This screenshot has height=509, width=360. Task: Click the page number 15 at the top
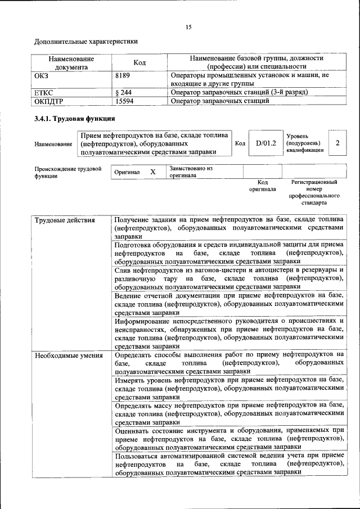click(x=188, y=28)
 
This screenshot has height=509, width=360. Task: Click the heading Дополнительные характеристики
click(x=86, y=42)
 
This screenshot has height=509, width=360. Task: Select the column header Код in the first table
click(x=139, y=62)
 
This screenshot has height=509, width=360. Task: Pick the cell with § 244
click(x=123, y=92)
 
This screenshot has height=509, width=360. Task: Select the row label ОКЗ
click(x=42, y=75)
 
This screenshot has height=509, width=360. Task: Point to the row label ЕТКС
click(x=44, y=92)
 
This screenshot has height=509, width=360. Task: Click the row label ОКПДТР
click(x=49, y=101)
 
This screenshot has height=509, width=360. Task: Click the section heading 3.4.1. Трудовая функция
click(x=75, y=119)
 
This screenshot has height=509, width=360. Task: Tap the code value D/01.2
click(x=266, y=143)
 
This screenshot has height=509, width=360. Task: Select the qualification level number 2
click(x=337, y=143)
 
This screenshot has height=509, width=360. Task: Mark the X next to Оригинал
click(x=152, y=172)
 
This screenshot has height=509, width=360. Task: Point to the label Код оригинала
click(x=263, y=186)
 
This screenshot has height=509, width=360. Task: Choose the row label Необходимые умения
click(x=69, y=355)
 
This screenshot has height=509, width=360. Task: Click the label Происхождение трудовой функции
click(x=68, y=172)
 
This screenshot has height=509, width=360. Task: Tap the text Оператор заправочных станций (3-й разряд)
click(x=240, y=92)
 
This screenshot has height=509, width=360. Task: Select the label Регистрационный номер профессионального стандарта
click(x=314, y=192)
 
